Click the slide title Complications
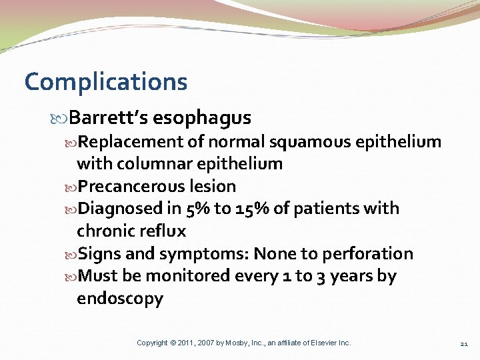click(106, 83)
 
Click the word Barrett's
click(108, 118)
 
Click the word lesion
click(213, 186)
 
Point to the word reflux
click(162, 231)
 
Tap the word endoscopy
click(120, 299)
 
